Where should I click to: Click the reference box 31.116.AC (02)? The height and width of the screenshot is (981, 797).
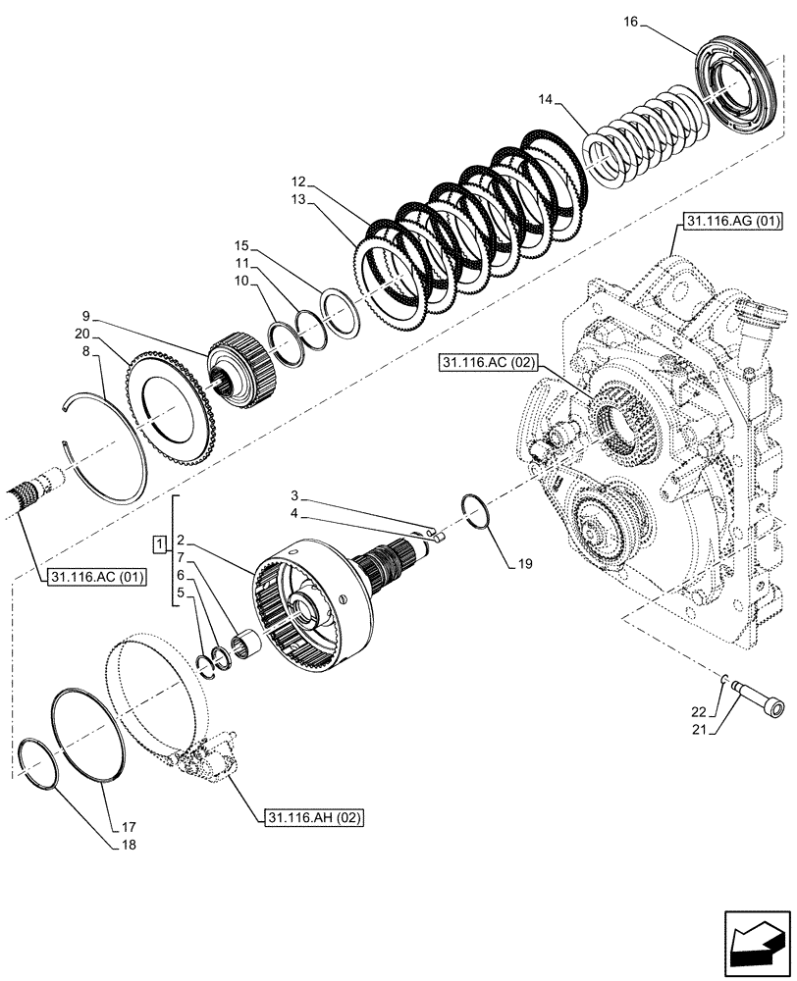[488, 363]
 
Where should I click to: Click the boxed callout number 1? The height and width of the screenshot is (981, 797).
[158, 542]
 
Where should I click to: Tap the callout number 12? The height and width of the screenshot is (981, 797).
[299, 181]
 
